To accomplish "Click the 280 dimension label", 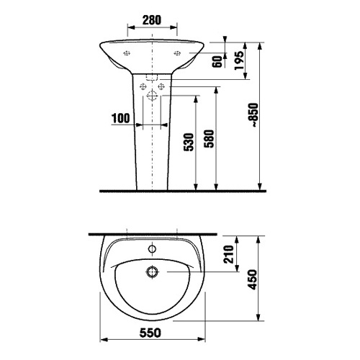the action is pyautogui.click(x=152, y=20).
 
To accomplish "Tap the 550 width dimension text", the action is pyautogui.click(x=150, y=333).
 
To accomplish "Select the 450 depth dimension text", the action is pyautogui.click(x=252, y=280).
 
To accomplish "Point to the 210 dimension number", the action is pyautogui.click(x=229, y=254).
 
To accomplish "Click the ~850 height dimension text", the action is pyautogui.click(x=253, y=115).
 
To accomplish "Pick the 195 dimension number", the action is pyautogui.click(x=239, y=60).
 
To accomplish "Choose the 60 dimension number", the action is pyautogui.click(x=217, y=62).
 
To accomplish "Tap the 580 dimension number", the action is pyautogui.click(x=209, y=139).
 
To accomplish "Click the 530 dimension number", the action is pyautogui.click(x=189, y=142).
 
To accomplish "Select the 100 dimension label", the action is pyautogui.click(x=121, y=118).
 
